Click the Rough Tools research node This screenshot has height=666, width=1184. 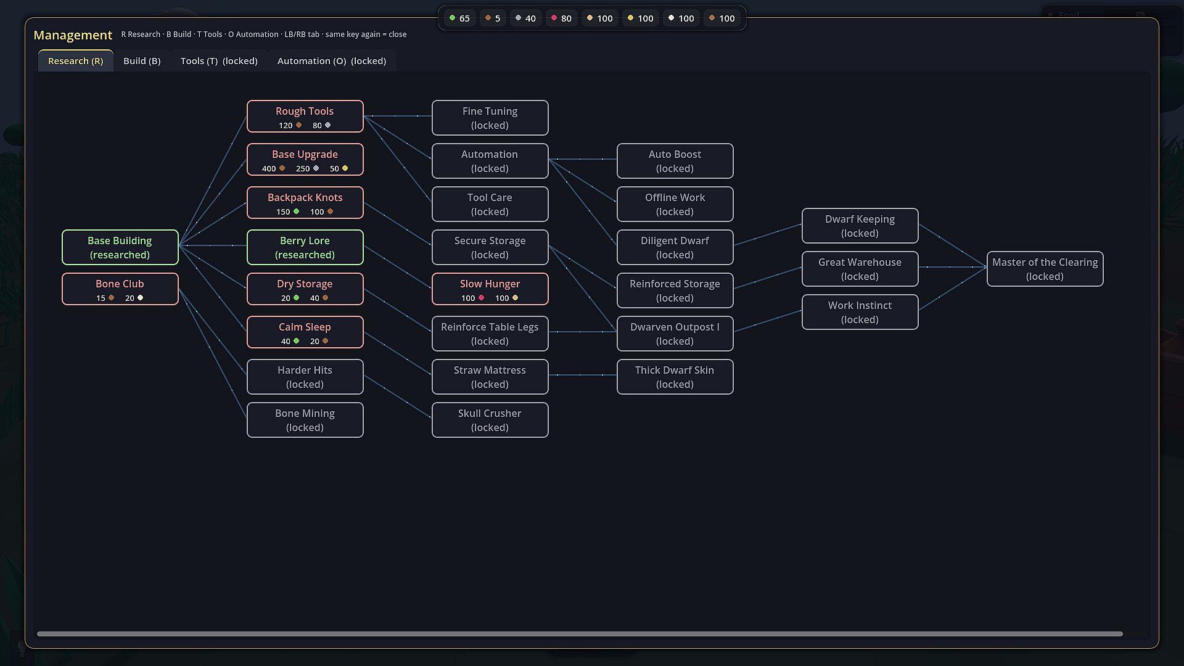305,117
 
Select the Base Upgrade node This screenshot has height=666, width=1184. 305,160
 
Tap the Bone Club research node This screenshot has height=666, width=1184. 120,289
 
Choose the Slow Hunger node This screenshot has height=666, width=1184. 490,289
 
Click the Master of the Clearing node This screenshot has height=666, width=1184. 1045,269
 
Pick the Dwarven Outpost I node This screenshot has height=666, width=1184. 675,334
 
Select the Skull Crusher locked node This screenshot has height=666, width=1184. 490,420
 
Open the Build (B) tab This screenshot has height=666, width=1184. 142,61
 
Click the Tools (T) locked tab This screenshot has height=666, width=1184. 219,61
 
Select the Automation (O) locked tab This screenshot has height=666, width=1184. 332,61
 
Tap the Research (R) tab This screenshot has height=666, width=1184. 76,61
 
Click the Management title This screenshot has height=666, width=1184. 73,35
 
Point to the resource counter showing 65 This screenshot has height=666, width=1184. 460,18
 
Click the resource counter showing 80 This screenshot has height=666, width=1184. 562,18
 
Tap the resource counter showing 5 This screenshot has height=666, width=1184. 493,18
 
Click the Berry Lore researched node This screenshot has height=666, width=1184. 305,247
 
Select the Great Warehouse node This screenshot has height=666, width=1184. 860,269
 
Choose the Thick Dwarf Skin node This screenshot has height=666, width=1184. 675,377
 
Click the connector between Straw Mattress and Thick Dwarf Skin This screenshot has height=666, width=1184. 583,375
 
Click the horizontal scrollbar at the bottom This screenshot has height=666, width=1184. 580,634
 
